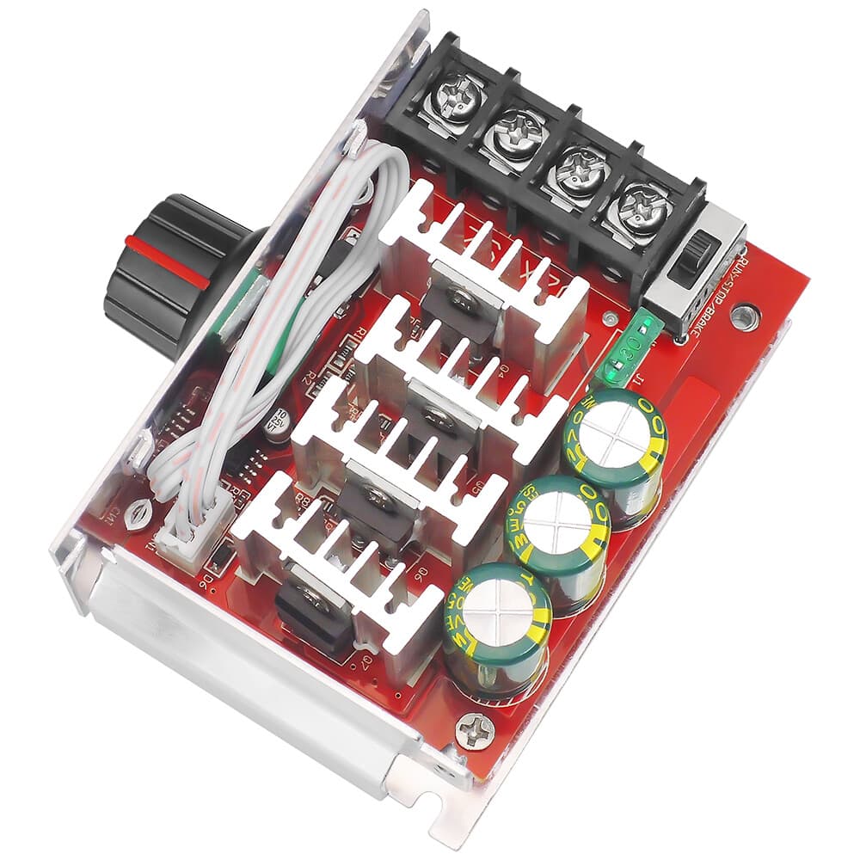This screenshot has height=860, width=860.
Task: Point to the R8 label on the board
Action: [x=303, y=496]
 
